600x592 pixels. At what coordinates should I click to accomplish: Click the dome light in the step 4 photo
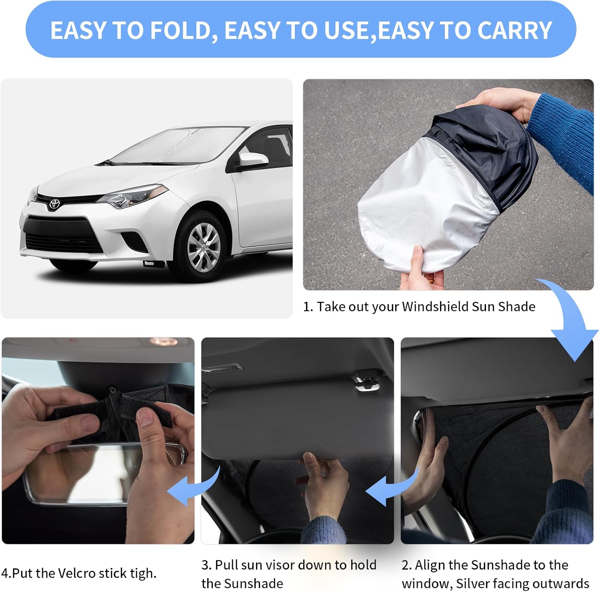pyautogui.click(x=164, y=342)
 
